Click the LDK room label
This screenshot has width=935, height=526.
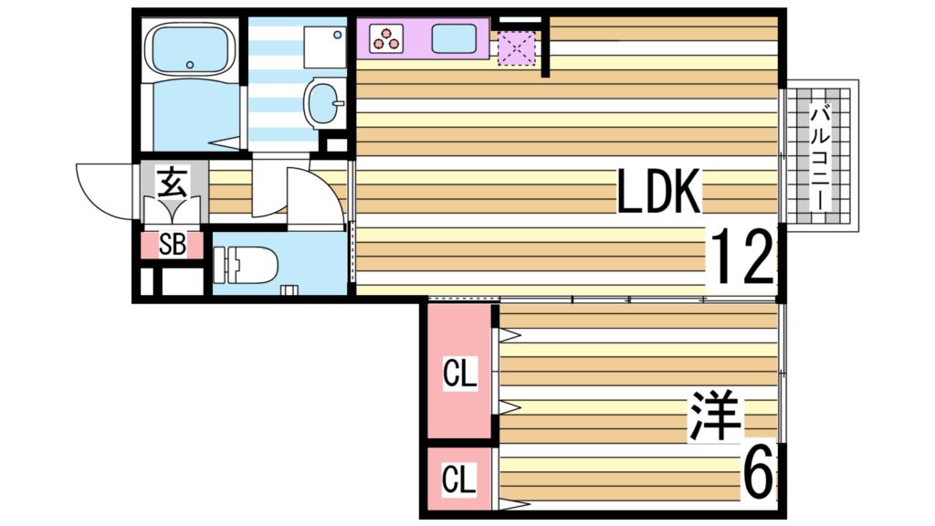(x=658, y=192)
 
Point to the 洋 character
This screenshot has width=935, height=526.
(x=716, y=416)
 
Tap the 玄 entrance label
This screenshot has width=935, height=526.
(x=171, y=183)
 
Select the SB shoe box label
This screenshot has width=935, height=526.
(x=171, y=244)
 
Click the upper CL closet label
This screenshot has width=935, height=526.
(x=459, y=373)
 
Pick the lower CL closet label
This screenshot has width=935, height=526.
(x=459, y=479)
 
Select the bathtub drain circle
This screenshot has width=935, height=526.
(x=189, y=65)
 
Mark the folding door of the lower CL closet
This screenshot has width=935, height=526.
(x=498, y=479)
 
